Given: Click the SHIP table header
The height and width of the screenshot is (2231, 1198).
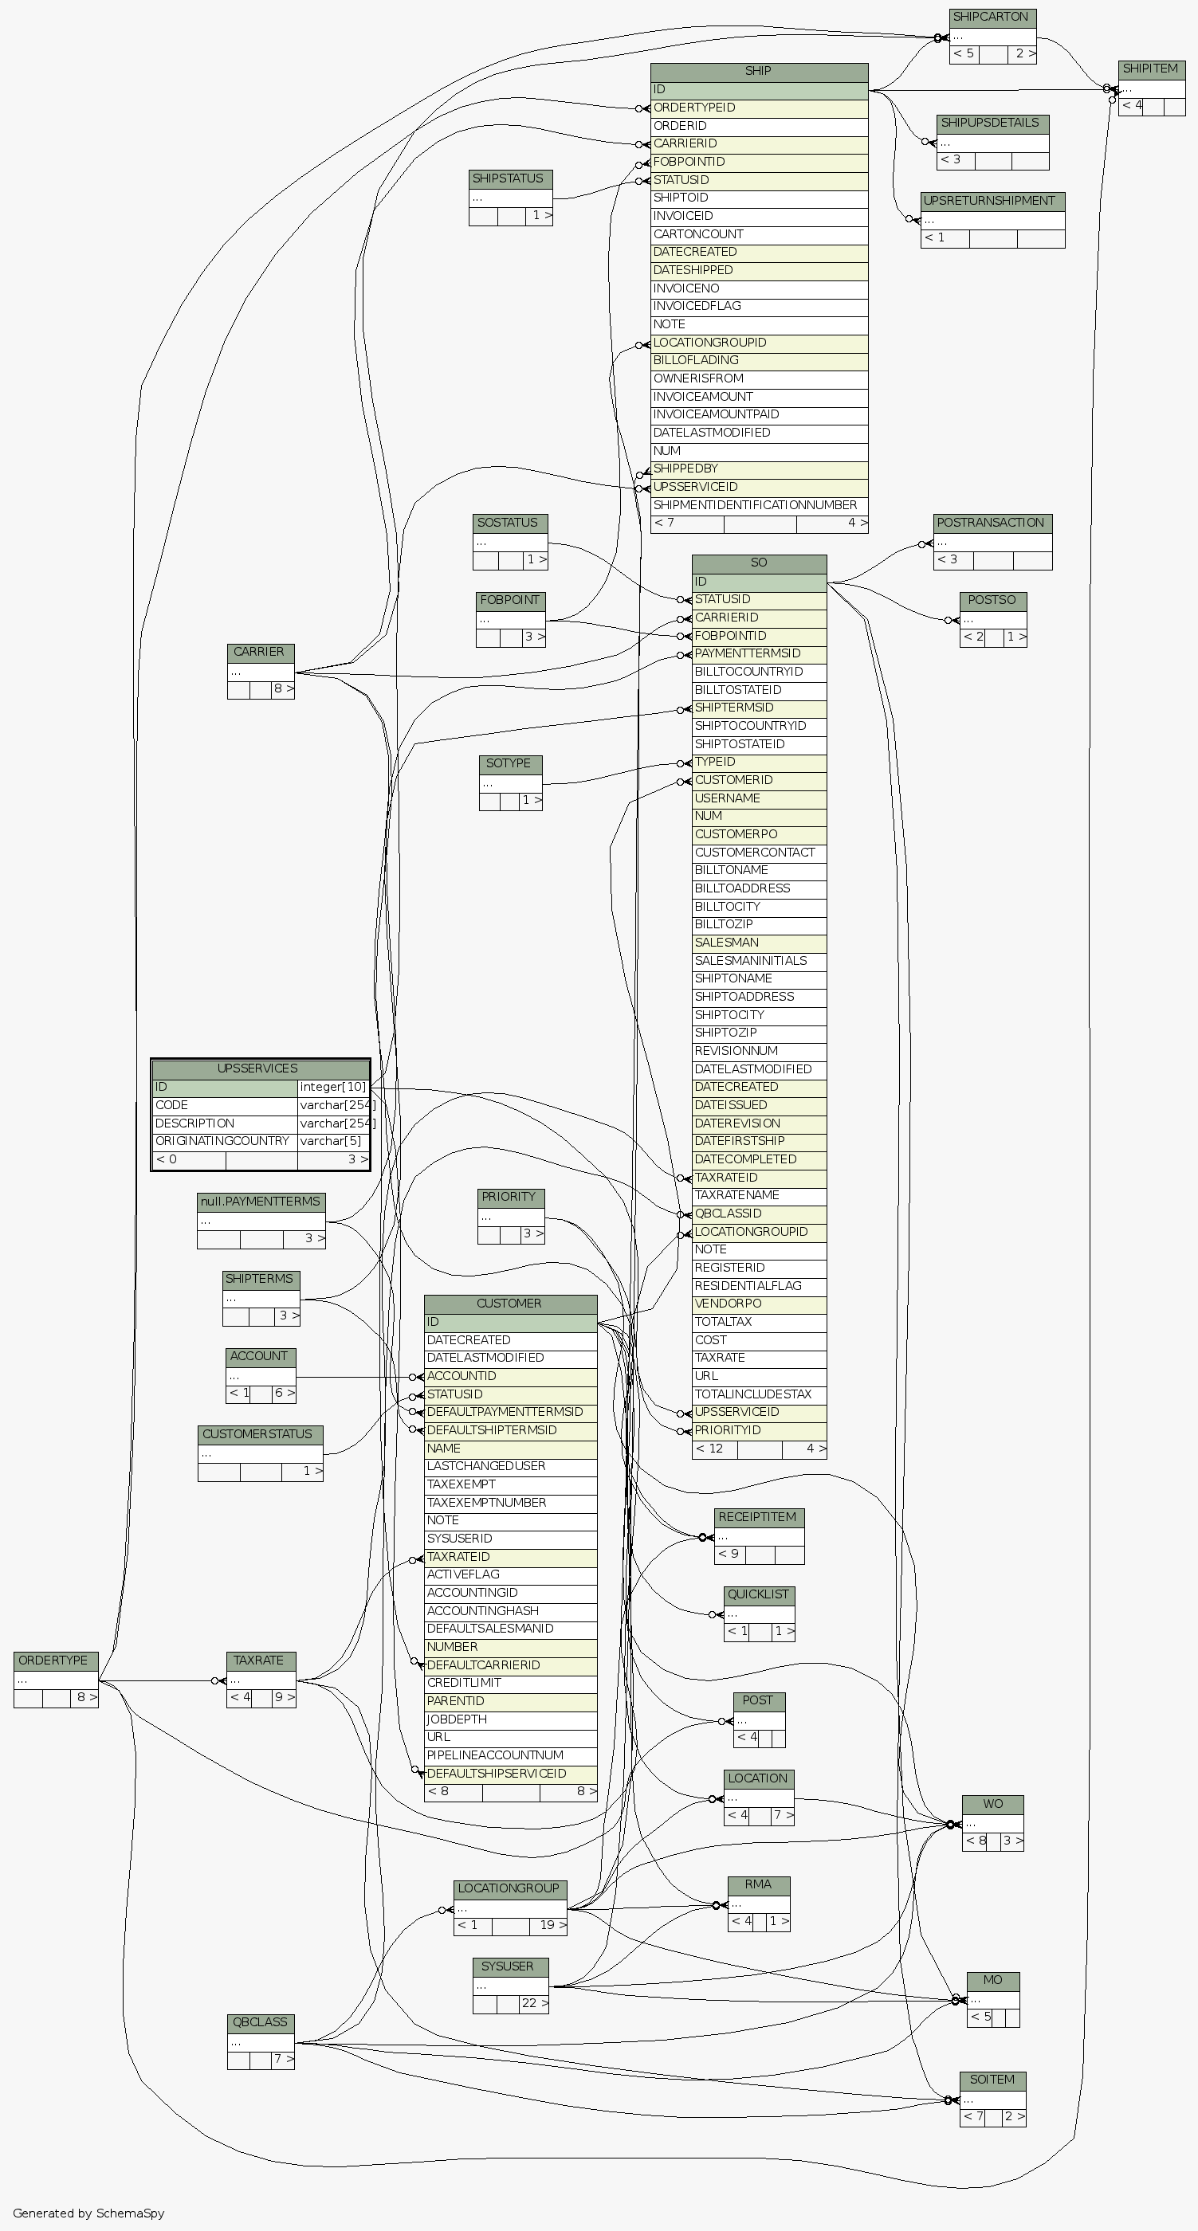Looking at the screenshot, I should [x=759, y=72].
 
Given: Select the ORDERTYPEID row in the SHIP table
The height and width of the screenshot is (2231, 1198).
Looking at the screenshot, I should [x=759, y=108].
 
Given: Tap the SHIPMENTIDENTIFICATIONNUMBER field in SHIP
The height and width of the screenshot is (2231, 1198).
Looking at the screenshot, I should [x=759, y=506].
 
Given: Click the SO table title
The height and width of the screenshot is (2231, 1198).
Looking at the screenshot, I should [x=759, y=563].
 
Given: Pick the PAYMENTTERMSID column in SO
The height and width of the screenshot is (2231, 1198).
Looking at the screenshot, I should [x=759, y=654].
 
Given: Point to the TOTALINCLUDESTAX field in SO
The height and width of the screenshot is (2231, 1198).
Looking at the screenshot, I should [x=759, y=1394].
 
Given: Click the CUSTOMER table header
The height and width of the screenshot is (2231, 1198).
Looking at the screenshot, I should [x=509, y=1304].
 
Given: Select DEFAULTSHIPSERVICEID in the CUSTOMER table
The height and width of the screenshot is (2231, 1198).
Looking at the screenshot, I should [x=509, y=1774].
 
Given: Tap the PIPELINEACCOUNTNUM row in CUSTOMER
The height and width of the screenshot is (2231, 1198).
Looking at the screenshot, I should [x=509, y=1755].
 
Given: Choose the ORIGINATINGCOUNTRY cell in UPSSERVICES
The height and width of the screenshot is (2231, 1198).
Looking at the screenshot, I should [x=223, y=1142].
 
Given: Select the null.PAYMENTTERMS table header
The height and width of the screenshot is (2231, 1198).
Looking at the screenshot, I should [x=261, y=1202].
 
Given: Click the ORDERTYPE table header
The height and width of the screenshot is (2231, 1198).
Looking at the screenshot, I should [x=53, y=1661].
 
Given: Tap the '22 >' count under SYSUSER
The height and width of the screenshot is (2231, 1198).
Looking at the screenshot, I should [x=533, y=2003].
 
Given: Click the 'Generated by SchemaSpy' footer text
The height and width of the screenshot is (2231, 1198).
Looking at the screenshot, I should [x=88, y=2213].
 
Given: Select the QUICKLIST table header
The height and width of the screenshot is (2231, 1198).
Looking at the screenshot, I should [x=759, y=1594].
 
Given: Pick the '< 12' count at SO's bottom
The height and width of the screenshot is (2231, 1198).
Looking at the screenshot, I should [x=711, y=1449].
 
